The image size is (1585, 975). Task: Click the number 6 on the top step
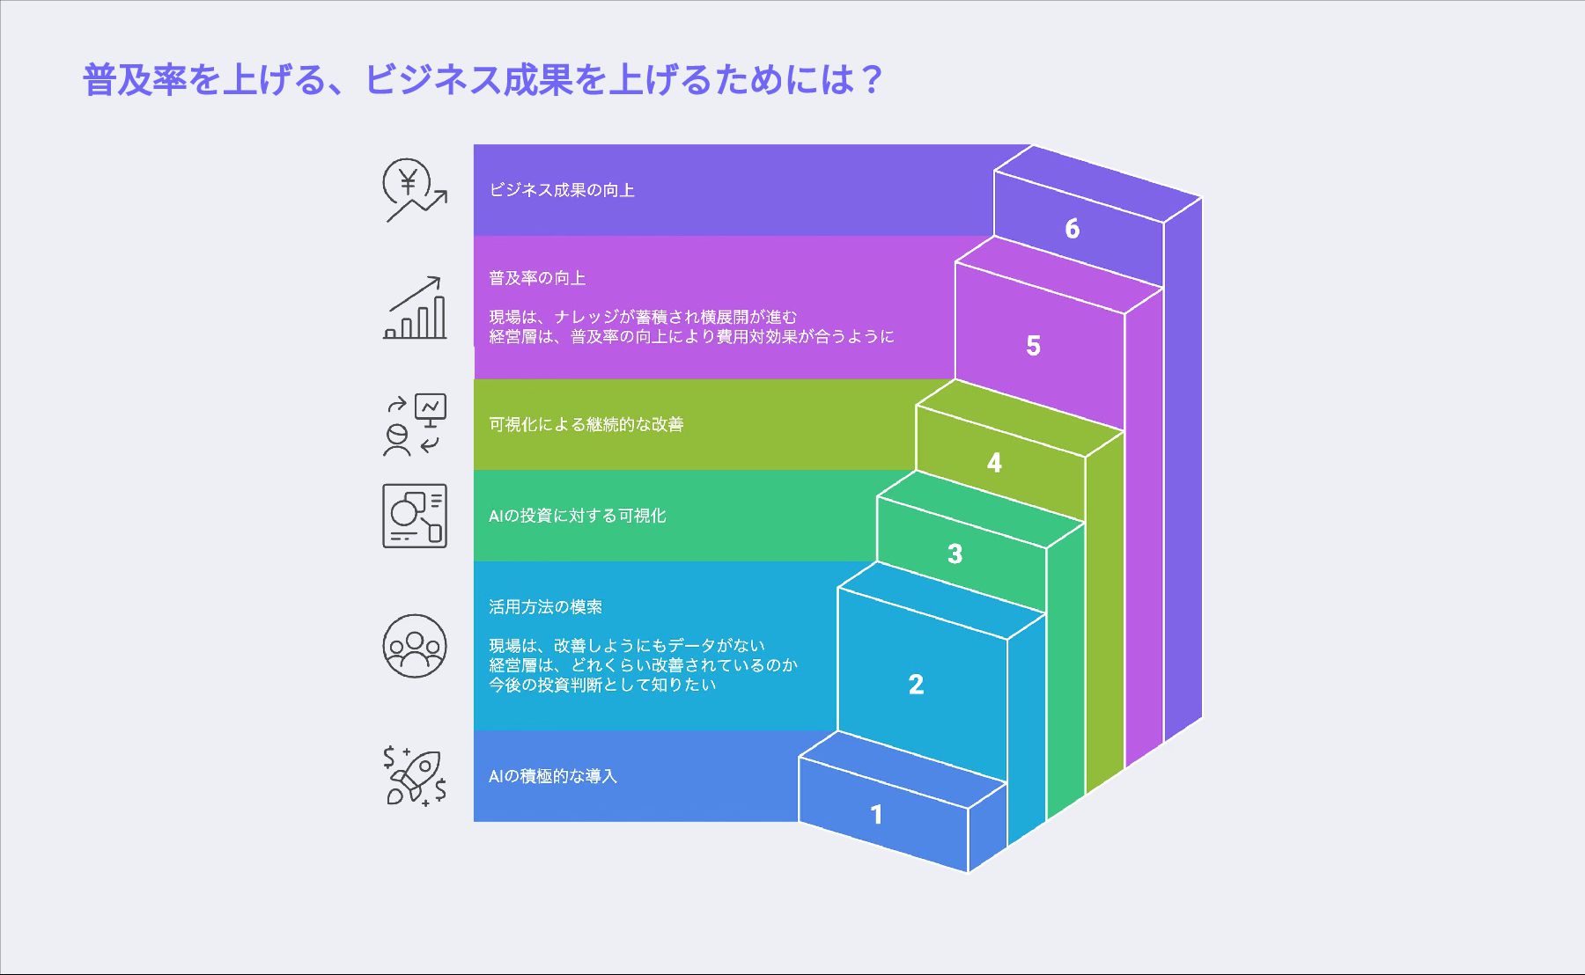pos(1072,229)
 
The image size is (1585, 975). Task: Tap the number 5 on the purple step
pos(1033,346)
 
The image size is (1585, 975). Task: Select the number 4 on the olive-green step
pos(994,463)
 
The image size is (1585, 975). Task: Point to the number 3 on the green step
pos(955,554)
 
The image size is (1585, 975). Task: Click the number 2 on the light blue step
pos(916,685)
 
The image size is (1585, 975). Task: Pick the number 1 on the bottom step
pos(876,815)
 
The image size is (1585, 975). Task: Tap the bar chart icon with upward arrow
pos(414,308)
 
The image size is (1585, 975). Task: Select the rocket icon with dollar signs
pos(415,776)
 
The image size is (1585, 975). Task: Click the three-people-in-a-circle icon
pos(415,646)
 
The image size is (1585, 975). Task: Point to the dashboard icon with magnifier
pos(415,516)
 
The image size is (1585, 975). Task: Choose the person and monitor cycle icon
pos(415,424)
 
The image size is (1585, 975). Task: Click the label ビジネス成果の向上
pos(562,190)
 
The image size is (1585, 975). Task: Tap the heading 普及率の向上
pos(537,278)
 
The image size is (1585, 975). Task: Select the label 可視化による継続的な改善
pos(586,424)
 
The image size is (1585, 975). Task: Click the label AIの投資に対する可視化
pos(578,516)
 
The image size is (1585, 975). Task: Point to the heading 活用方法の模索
pos(546,607)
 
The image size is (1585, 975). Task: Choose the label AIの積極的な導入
pos(553,776)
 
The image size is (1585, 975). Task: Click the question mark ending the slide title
pos(872,80)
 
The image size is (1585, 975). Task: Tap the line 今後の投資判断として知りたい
pos(602,685)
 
